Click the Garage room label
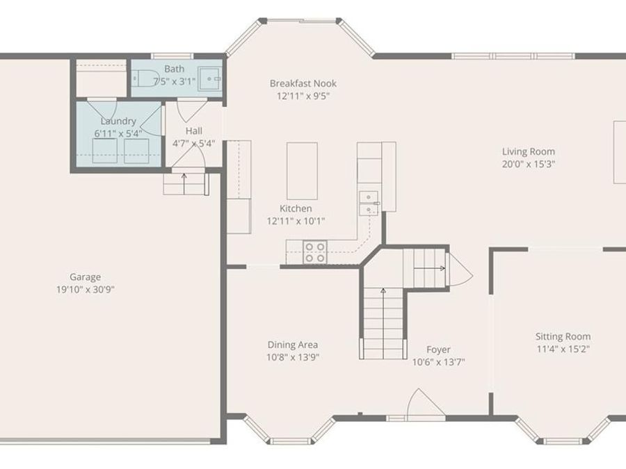pyautogui.click(x=85, y=277)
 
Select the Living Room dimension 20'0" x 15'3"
pyautogui.click(x=529, y=165)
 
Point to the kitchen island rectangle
pyautogui.click(x=302, y=171)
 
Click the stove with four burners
pyautogui.click(x=316, y=251)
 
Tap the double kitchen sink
pyautogui.click(x=368, y=204)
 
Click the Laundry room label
pyautogui.click(x=118, y=121)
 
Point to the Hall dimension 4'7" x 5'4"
pyautogui.click(x=194, y=144)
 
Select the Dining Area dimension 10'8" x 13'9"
pyautogui.click(x=293, y=357)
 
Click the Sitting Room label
pyautogui.click(x=563, y=336)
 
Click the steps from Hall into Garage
pyautogui.click(x=185, y=184)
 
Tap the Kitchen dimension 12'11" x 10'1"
pyautogui.click(x=296, y=221)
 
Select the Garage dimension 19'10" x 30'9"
pyautogui.click(x=85, y=289)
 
